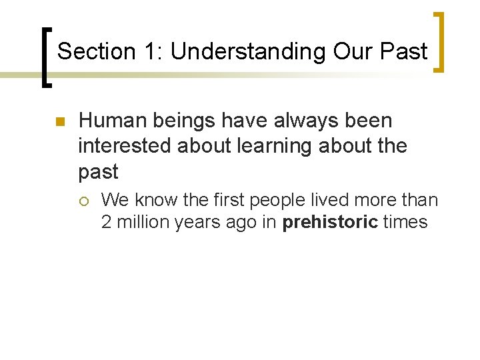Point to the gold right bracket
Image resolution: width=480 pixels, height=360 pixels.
coord(440,41)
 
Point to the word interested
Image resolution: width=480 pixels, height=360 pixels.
coord(125,146)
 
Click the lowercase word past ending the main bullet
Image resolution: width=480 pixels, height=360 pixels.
coord(98,171)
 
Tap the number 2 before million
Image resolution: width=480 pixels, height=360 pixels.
coord(107,222)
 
